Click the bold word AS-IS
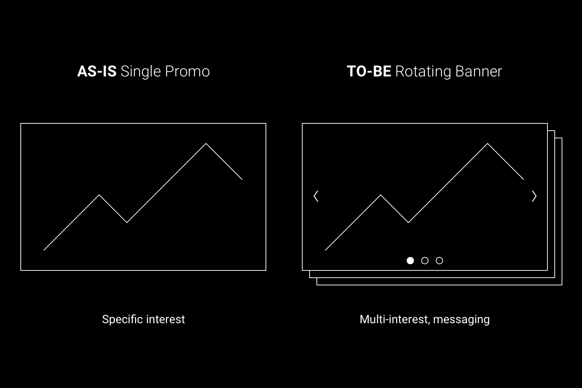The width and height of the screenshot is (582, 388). (x=97, y=71)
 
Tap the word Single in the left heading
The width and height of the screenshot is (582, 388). (x=141, y=72)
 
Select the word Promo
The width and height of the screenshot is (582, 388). (x=187, y=71)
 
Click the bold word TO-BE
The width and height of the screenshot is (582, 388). (x=369, y=71)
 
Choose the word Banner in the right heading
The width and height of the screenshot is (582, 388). (x=479, y=71)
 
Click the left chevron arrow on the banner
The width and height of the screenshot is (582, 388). (x=316, y=196)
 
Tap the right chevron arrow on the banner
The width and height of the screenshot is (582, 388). (x=534, y=196)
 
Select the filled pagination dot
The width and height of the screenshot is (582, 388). (x=410, y=261)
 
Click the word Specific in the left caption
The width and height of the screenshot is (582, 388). (x=122, y=320)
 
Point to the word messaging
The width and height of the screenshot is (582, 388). (x=461, y=320)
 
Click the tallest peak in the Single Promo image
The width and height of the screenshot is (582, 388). (x=206, y=143)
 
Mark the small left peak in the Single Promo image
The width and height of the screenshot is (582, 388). (x=99, y=195)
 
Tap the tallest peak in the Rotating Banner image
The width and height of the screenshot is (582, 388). (x=487, y=143)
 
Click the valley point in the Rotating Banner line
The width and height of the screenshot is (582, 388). (x=408, y=222)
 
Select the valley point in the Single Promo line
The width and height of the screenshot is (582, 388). (x=127, y=222)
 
